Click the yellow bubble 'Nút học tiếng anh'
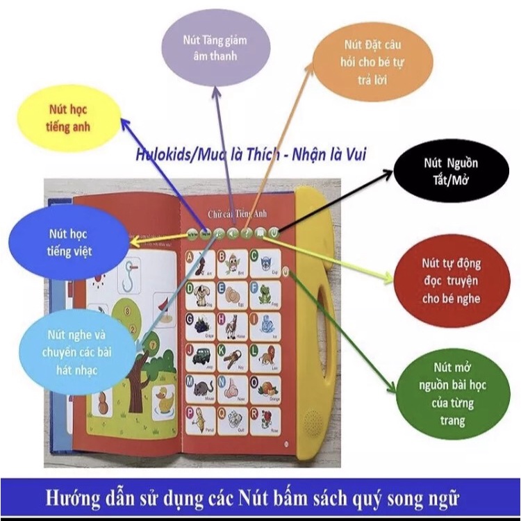[69, 118]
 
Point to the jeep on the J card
[199, 357]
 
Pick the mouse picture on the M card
[202, 389]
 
